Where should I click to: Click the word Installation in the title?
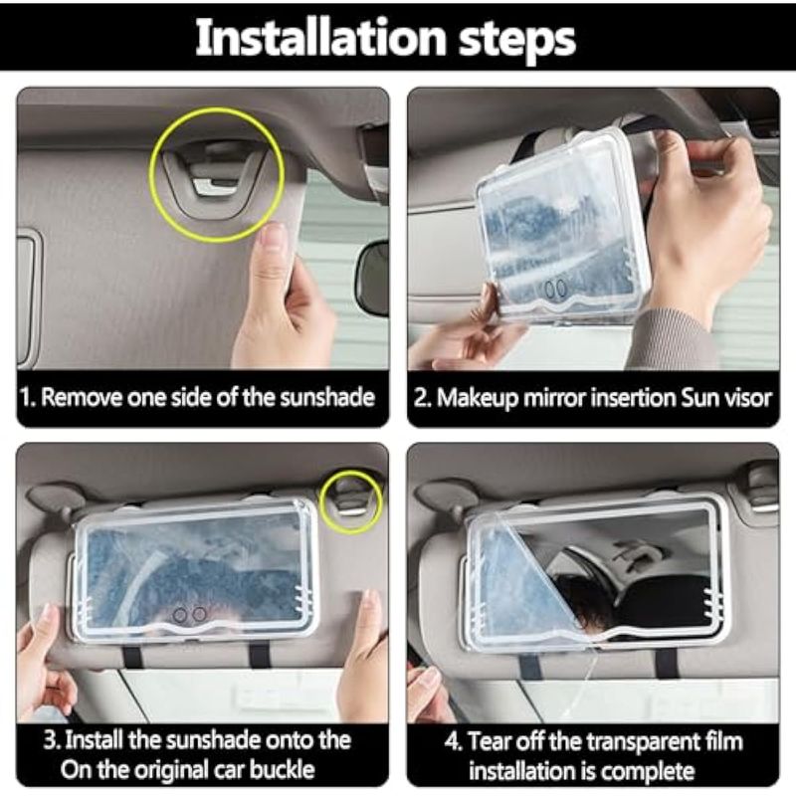(x=319, y=37)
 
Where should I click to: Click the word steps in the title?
(x=517, y=41)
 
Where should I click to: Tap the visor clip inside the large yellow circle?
(x=216, y=174)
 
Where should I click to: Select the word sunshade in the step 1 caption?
(x=327, y=397)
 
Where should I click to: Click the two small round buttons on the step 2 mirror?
(x=555, y=289)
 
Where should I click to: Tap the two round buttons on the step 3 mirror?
(x=189, y=615)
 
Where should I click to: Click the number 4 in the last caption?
(x=451, y=741)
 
